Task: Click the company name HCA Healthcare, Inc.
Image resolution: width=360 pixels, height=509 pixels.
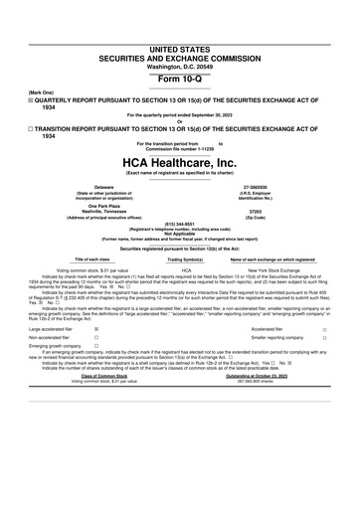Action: coord(180,161)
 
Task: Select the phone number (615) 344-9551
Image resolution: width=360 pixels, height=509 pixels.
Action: coord(180,224)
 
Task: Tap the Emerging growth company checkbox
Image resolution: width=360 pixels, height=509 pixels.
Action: coord(95,348)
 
